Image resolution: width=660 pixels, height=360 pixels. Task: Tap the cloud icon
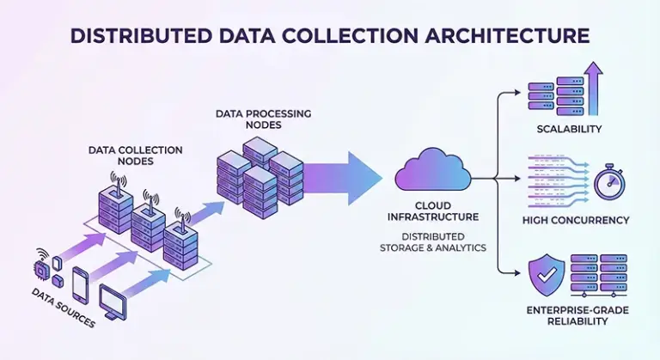tap(432, 171)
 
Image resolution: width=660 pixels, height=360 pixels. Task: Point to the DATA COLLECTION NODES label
tap(136, 156)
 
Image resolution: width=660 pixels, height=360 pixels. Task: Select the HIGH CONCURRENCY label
tap(576, 221)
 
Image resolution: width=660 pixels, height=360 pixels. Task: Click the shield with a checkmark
tap(547, 276)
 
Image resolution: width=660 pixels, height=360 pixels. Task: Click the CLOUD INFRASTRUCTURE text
tap(433, 211)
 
